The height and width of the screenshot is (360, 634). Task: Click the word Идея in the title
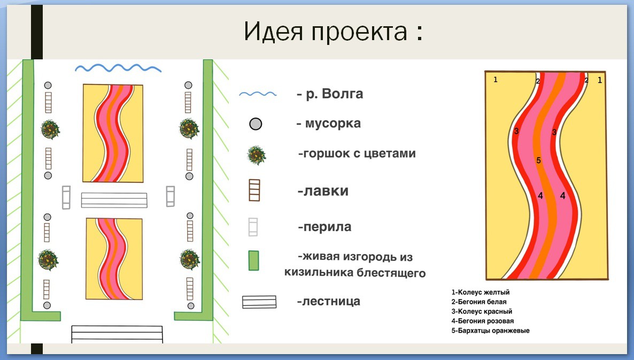(x=273, y=32)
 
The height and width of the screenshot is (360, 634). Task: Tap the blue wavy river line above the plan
(x=118, y=68)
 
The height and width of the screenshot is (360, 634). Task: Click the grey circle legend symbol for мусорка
(x=256, y=124)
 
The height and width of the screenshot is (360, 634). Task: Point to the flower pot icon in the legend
(x=257, y=155)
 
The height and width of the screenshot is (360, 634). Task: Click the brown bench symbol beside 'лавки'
(x=254, y=190)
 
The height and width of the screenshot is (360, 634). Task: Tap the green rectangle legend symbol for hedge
(x=253, y=261)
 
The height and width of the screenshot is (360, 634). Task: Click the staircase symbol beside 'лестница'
(x=259, y=302)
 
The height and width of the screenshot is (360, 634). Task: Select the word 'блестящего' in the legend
(x=391, y=273)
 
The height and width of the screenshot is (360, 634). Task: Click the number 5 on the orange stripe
(x=538, y=160)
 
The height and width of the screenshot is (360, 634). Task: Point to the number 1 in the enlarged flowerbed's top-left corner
(x=496, y=80)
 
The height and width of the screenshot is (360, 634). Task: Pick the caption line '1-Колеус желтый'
(x=481, y=292)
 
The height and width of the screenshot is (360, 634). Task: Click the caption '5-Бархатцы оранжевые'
(x=490, y=331)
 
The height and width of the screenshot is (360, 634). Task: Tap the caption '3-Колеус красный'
(x=482, y=311)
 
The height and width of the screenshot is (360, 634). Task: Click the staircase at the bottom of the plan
(x=117, y=334)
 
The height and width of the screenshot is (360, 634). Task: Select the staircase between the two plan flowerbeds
(x=114, y=200)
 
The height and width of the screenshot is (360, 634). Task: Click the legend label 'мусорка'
(x=333, y=124)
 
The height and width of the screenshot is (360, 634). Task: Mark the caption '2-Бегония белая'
(x=479, y=302)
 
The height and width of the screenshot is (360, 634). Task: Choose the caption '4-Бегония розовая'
(x=482, y=321)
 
